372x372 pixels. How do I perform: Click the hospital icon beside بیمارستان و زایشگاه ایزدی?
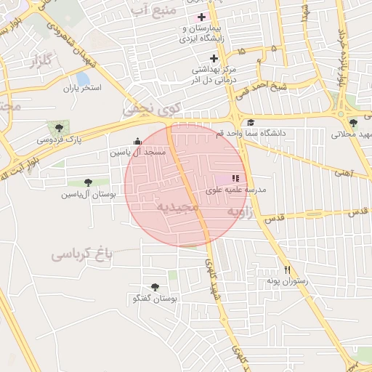coord(201,17)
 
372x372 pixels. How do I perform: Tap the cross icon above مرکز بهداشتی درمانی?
coord(214,58)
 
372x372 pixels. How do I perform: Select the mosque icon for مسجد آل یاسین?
coord(138,142)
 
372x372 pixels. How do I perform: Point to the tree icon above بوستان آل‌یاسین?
coord(88,182)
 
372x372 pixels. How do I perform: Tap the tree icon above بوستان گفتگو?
coord(155,287)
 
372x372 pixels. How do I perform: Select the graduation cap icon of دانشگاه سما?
coord(251,123)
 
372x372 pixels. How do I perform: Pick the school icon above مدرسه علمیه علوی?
coord(235,178)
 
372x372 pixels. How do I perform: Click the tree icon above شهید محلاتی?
coord(353,123)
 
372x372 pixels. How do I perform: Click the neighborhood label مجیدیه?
coord(177,207)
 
